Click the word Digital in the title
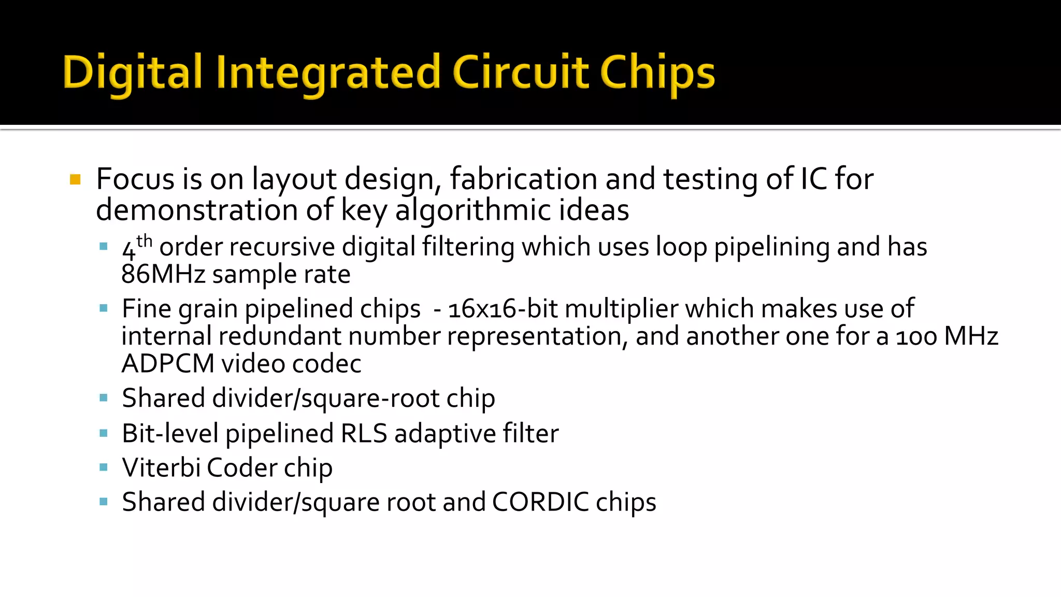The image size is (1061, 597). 132,73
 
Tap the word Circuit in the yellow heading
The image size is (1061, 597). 521,73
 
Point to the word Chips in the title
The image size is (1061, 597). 657,73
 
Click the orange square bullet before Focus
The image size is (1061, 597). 76,180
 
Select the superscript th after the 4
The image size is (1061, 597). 145,241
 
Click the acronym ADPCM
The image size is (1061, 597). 168,364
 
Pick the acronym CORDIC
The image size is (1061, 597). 540,502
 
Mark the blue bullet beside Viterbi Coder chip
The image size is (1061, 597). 104,467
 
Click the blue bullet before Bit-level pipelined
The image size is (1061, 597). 104,433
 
